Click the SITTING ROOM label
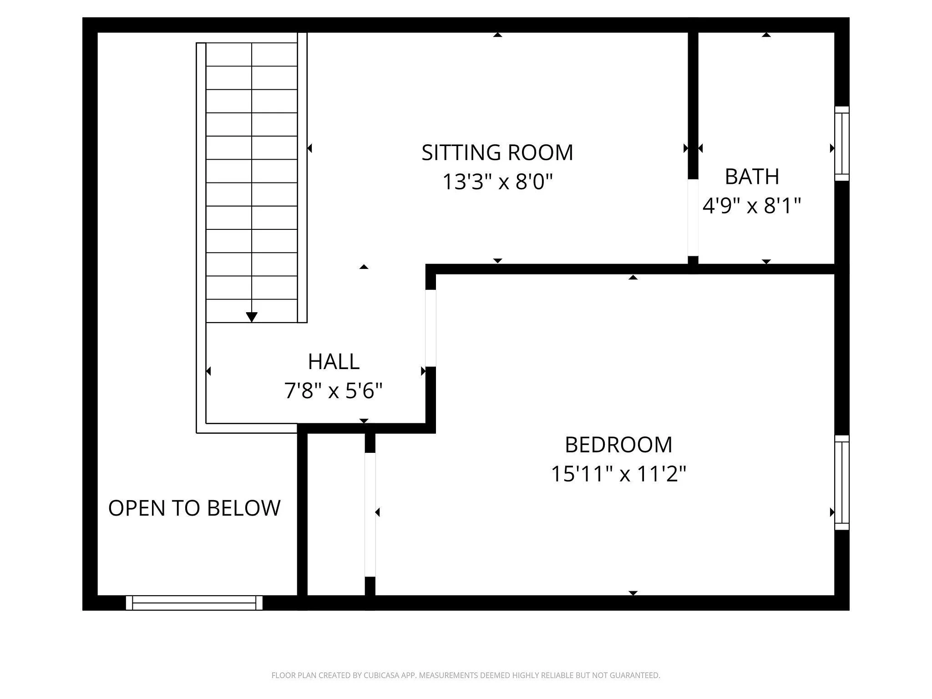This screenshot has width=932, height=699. pyautogui.click(x=497, y=152)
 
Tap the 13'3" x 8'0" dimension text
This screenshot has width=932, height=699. pyautogui.click(x=497, y=182)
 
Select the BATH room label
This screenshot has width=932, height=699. pyautogui.click(x=752, y=177)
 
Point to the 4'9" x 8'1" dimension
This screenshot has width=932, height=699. pyautogui.click(x=752, y=206)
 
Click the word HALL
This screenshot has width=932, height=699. pyautogui.click(x=334, y=362)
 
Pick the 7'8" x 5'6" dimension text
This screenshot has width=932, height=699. pyautogui.click(x=334, y=391)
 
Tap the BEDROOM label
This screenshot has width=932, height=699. pyautogui.click(x=618, y=445)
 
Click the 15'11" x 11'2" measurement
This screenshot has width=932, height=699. pyautogui.click(x=618, y=474)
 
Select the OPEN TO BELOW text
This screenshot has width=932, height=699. pyautogui.click(x=194, y=508)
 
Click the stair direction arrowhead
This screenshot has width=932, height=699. pyautogui.click(x=252, y=317)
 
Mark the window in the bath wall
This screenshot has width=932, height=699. pyautogui.click(x=842, y=144)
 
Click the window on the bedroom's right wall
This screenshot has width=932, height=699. pyautogui.click(x=842, y=482)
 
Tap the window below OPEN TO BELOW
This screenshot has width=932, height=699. pyautogui.click(x=194, y=603)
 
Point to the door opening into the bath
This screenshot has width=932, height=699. pyautogui.click(x=693, y=218)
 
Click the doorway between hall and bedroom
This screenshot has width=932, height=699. pyautogui.click(x=431, y=328)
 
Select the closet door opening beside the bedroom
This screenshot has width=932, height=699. pyautogui.click(x=370, y=515)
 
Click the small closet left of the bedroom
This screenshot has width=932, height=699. pyautogui.click(x=336, y=514)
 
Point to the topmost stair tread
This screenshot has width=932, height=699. pyautogui.click(x=252, y=55)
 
